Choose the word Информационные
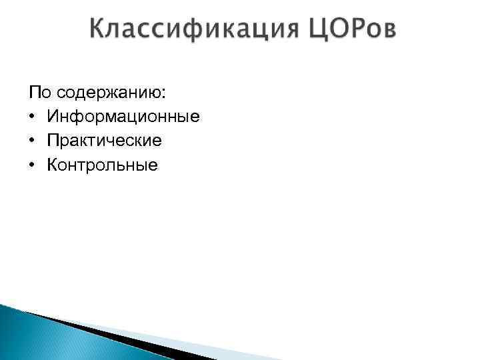point(123,117)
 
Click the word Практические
point(104,141)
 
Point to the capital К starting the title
point(98,29)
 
